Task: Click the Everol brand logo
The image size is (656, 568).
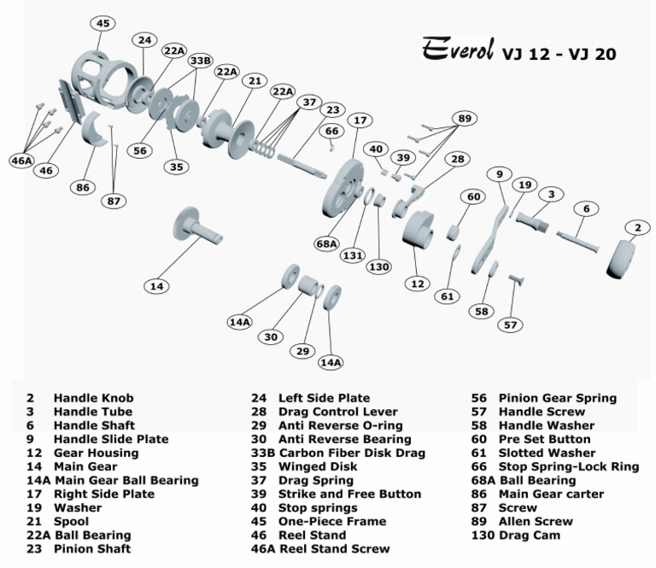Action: click(457, 51)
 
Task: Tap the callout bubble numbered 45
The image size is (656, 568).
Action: click(102, 23)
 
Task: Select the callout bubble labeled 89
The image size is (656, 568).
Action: click(465, 119)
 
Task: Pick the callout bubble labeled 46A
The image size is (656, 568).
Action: click(20, 160)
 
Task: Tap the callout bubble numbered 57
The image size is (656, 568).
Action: click(510, 325)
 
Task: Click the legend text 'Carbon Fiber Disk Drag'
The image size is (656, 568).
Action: click(352, 453)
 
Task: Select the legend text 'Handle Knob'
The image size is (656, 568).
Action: click(93, 398)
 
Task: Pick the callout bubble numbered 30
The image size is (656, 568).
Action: click(271, 337)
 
